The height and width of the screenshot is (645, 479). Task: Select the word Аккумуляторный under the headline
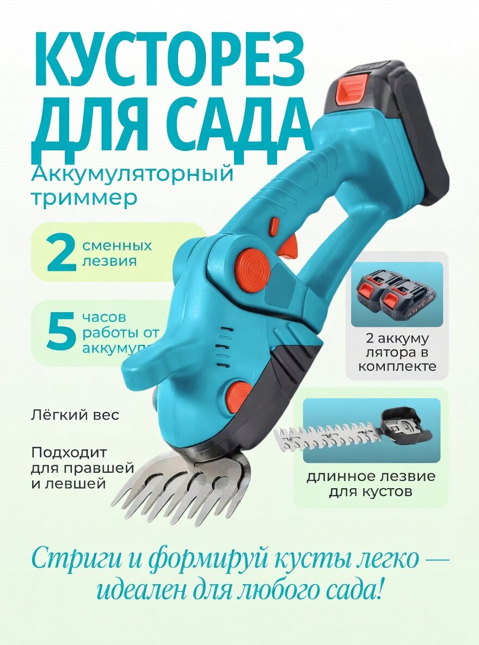[x=132, y=175]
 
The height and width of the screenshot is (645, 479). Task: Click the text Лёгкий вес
[x=75, y=415]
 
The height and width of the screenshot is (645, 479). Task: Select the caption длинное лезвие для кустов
[x=371, y=484]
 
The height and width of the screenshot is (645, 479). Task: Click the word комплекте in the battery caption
[x=397, y=366]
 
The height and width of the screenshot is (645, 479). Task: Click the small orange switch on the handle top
[x=274, y=226]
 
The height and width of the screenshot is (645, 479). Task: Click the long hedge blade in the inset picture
[x=327, y=437]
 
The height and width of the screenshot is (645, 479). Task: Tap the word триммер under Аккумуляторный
[x=84, y=198]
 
